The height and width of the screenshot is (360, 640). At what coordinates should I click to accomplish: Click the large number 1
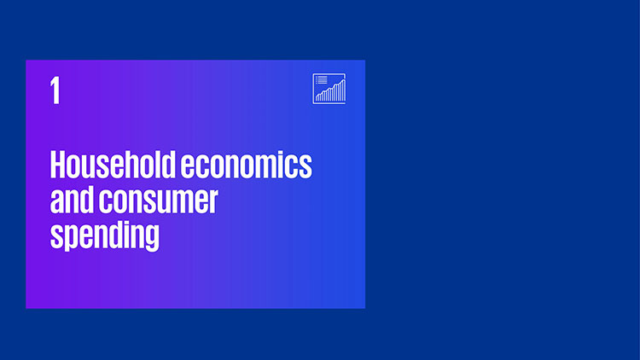pos(55,90)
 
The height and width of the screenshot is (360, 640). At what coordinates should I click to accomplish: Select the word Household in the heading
pos(113,165)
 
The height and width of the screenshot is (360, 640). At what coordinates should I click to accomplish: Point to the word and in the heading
pos(72,200)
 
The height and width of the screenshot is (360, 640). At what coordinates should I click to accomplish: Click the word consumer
pos(159,200)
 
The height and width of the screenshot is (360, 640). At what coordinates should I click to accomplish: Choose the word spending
pos(104,236)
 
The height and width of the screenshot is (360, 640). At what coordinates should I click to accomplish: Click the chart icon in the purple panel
pos(329,89)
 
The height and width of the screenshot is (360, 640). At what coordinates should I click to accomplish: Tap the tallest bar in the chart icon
pos(343,90)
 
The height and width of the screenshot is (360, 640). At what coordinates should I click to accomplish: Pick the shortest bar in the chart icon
pos(317,99)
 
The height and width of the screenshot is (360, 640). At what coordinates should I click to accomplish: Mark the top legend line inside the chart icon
pos(322,76)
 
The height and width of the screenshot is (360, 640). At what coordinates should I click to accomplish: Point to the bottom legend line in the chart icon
pos(322,84)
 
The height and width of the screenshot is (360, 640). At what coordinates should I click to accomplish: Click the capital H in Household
pos(57,165)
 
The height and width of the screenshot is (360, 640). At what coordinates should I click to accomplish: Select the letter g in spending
pos(152,238)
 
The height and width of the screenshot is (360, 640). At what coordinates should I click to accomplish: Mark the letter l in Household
pos(157,165)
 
